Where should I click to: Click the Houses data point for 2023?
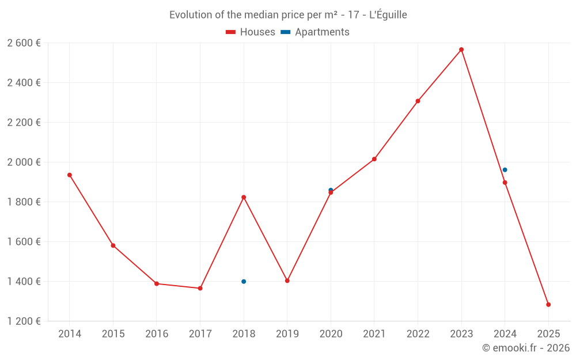pos(461,50)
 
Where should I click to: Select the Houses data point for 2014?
pos(70,175)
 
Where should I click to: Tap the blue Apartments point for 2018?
pos(244,282)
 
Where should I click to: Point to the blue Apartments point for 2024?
pos(505,170)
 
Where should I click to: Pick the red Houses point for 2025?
pos(548,305)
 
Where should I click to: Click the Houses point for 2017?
pos(200,288)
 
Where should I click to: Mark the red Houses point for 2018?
pos(244,198)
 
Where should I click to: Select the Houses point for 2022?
pos(418,101)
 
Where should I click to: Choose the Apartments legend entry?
pos(315,32)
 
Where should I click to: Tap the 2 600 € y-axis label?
pos(24,43)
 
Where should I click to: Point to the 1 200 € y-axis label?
pos(24,321)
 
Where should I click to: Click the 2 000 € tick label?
pos(24,162)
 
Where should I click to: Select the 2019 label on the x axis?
pos(287,334)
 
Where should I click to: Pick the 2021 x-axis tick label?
pos(374,334)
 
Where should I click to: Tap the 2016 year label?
pos(157,334)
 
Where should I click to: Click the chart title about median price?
pos(288,15)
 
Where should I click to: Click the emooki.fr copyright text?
pos(525,348)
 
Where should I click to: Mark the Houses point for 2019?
pos(287,281)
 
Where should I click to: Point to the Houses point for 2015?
pos(113,246)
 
